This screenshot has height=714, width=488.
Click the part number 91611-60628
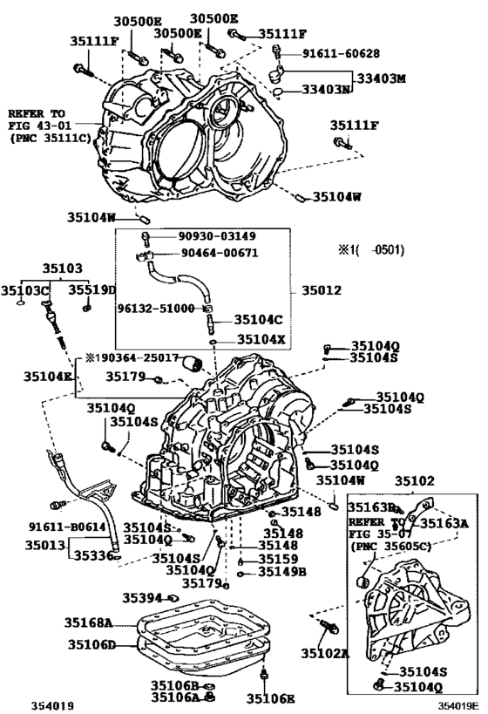(342, 53)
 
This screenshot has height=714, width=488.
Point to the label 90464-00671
(207, 253)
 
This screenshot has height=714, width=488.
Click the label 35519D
(93, 289)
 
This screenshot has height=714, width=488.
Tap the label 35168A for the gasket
(89, 622)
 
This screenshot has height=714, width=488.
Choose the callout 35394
(142, 597)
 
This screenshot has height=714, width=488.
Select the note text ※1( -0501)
(371, 250)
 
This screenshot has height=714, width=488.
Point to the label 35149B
(281, 572)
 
